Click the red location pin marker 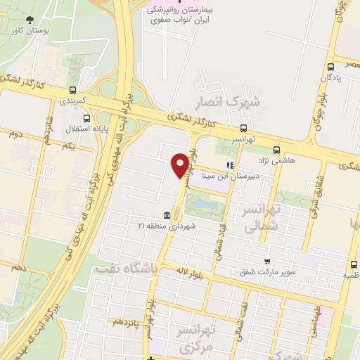(x=180, y=164)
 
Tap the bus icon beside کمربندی (x=73, y=89)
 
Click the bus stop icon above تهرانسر (x=243, y=128)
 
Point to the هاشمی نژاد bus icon (x=276, y=149)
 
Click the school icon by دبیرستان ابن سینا (x=228, y=166)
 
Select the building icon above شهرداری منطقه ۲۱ (x=167, y=214)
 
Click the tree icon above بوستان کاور (x=29, y=20)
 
